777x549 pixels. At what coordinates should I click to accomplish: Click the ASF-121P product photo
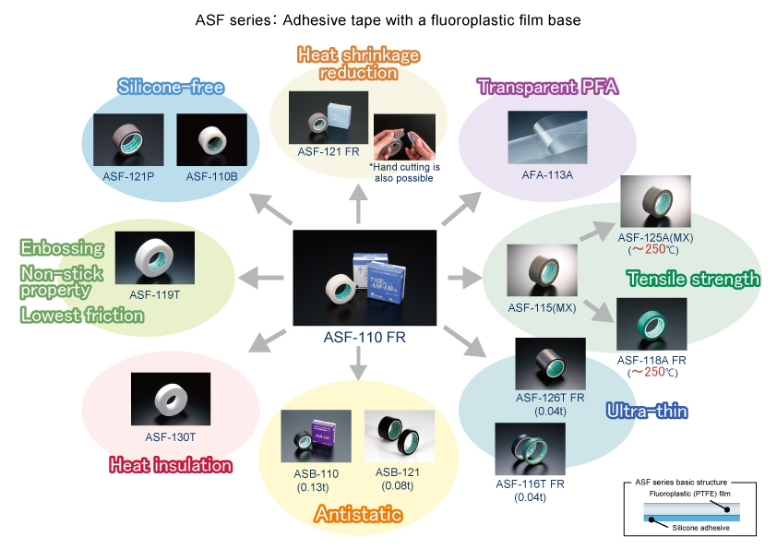tap(129, 139)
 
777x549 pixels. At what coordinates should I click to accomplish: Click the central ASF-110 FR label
tap(364, 338)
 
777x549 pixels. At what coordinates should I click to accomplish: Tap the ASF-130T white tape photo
tap(170, 398)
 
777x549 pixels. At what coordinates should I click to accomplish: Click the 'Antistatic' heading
tap(358, 514)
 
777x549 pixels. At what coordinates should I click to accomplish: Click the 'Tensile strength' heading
tap(693, 279)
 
